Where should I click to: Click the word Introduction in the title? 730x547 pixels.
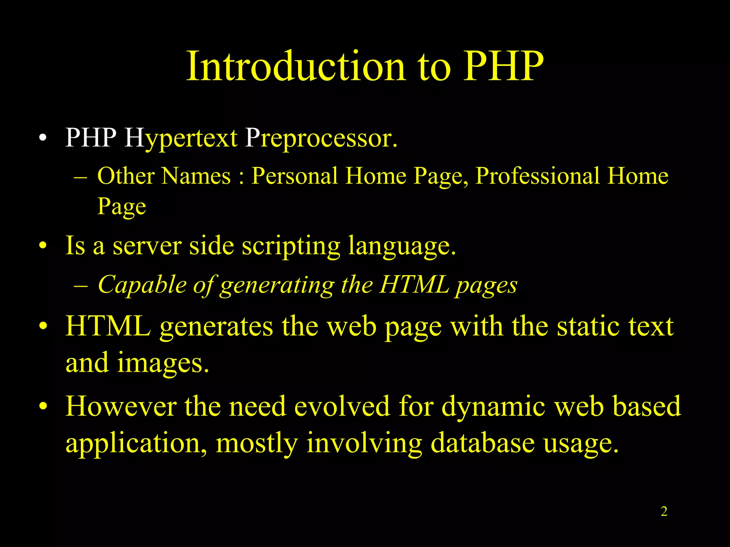click(x=296, y=67)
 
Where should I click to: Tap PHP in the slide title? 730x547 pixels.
click(x=503, y=67)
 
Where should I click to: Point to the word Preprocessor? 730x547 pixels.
click(x=321, y=138)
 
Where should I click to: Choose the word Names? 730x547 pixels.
click(x=196, y=176)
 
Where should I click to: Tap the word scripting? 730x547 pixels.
click(x=291, y=246)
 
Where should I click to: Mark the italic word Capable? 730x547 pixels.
click(x=142, y=285)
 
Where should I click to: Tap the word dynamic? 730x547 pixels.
click(x=493, y=407)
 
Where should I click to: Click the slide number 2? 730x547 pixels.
click(x=664, y=511)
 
